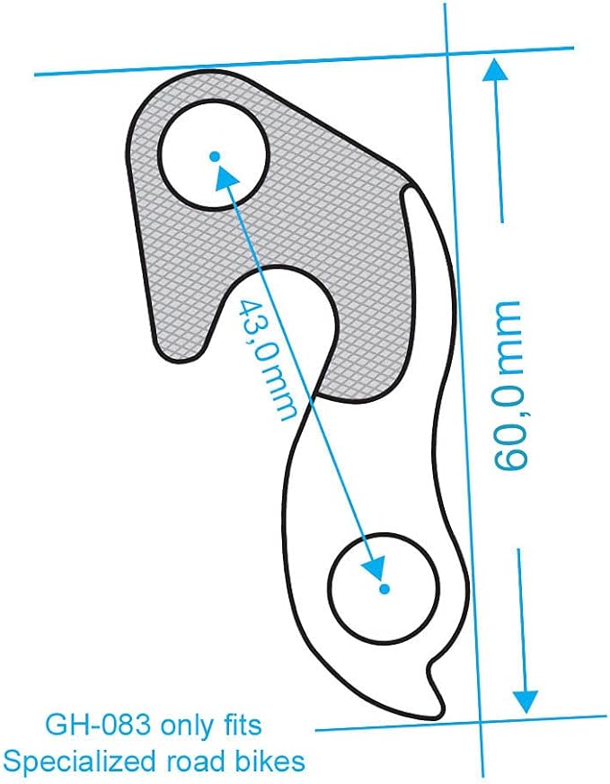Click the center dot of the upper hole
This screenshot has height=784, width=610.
[x=215, y=156]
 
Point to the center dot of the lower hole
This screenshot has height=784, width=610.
[x=384, y=589]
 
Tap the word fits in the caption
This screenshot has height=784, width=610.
[x=242, y=724]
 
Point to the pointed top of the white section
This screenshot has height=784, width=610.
[x=411, y=189]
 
